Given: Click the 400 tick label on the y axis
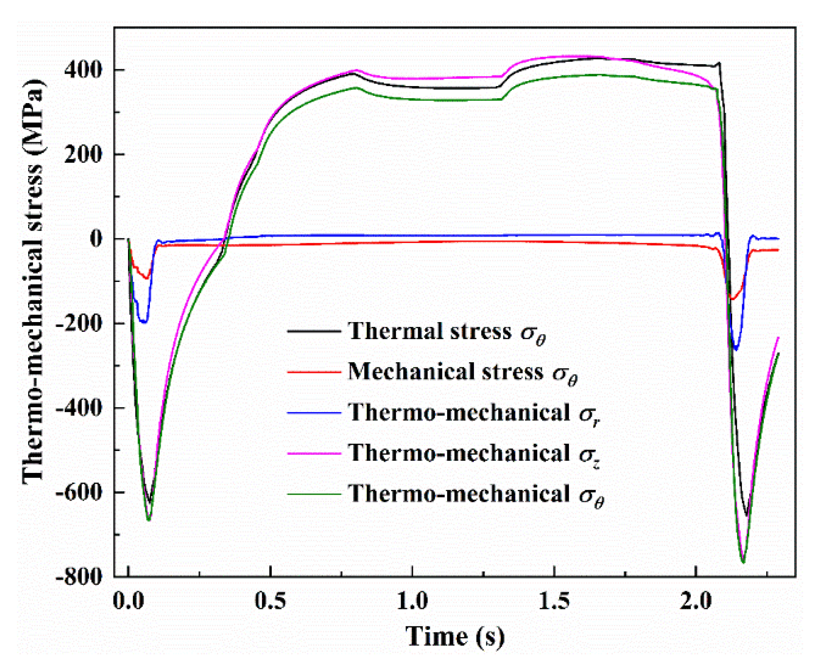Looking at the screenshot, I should click(84, 70).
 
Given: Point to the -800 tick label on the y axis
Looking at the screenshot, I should click(79, 576).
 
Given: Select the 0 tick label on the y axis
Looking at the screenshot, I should click(96, 239).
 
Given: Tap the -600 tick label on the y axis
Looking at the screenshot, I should click(79, 492).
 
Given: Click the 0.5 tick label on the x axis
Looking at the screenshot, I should click(270, 601).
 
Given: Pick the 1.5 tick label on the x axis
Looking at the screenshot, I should click(554, 601).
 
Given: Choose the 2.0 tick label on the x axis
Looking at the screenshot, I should click(696, 601).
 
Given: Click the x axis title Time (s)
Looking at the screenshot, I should click(455, 637).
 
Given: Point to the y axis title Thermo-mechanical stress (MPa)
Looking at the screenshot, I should click(33, 281).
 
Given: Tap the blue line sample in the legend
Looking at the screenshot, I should click(314, 413).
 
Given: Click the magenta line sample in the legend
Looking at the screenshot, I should click(314, 453).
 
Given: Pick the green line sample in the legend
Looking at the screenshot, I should click(314, 493).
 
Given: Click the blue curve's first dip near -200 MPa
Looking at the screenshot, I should click(144, 322).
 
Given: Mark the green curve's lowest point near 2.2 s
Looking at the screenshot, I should click(743, 563).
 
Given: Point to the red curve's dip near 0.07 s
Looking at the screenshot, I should click(147, 278).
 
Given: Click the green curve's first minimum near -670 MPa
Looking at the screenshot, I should click(149, 520).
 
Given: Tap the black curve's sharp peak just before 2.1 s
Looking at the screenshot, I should click(719, 63).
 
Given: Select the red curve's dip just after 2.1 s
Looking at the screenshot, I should click(732, 299).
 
